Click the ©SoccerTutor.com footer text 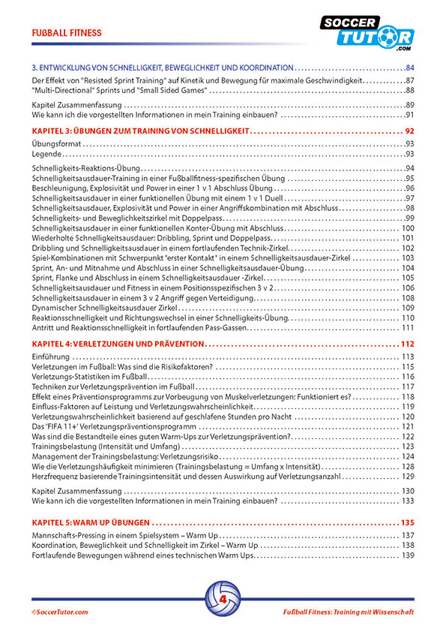tap(60, 612)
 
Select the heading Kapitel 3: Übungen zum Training tap(142, 131)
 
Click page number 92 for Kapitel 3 tap(409, 131)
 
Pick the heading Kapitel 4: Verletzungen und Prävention tap(118, 343)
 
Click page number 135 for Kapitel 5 tap(407, 522)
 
